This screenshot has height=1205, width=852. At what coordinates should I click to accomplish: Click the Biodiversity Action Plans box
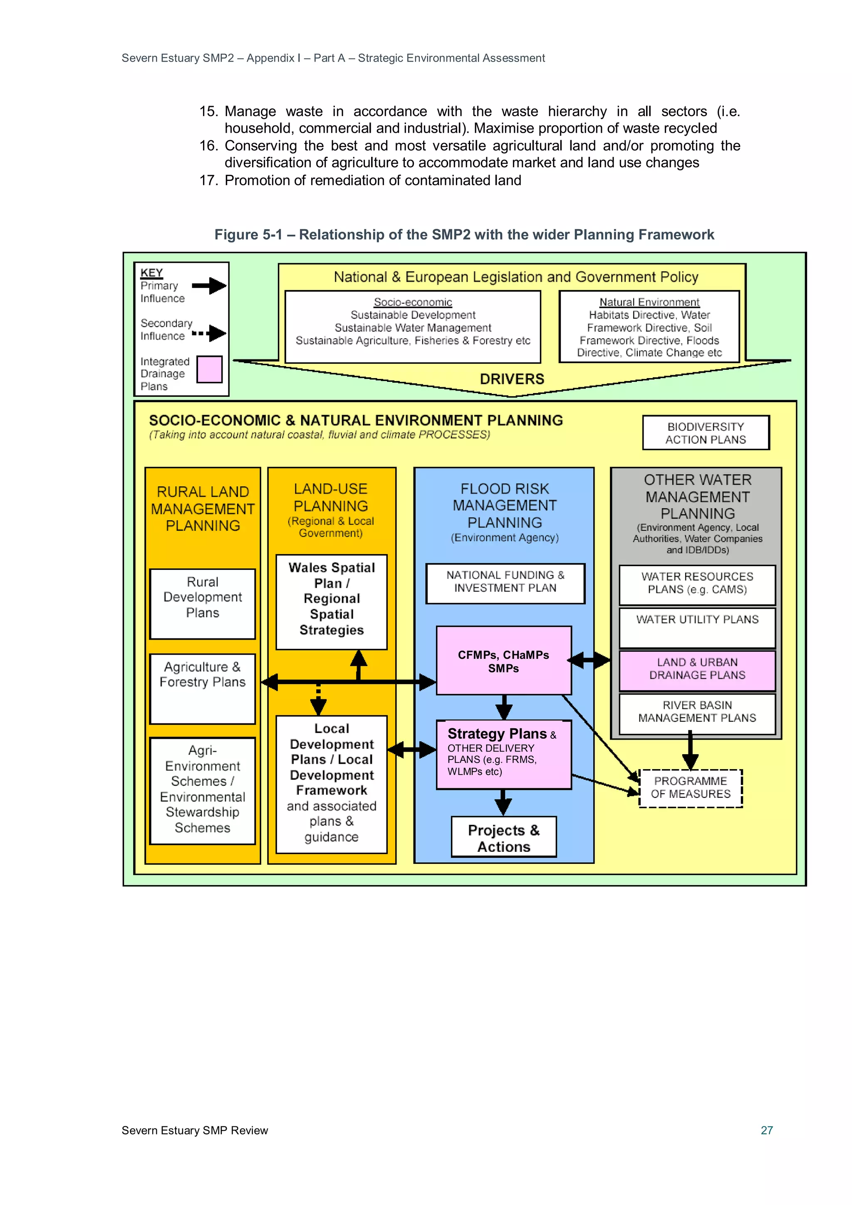[x=706, y=433]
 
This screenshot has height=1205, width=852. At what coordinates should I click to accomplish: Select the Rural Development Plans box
[x=203, y=604]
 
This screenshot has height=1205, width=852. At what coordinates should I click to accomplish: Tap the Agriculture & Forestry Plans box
[x=203, y=688]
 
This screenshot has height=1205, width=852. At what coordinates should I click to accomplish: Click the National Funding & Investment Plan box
[x=505, y=583]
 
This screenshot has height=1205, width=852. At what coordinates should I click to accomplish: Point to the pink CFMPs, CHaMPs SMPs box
[x=503, y=661]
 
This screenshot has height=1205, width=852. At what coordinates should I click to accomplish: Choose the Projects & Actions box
[x=503, y=838]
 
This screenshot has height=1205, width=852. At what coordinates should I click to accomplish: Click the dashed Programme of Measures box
[x=690, y=788]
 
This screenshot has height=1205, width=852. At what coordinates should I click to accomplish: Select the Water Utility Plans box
[x=697, y=627]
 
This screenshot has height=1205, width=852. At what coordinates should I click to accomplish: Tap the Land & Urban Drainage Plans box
[x=697, y=670]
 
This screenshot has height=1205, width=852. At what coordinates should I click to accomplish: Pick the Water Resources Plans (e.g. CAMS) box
[x=697, y=584]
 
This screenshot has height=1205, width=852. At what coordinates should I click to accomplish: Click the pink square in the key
[x=209, y=369]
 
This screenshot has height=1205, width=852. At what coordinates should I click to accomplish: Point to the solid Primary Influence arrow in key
[x=209, y=286]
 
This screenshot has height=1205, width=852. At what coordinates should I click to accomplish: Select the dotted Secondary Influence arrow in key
[x=209, y=333]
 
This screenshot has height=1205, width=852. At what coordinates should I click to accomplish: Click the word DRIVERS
[x=512, y=379]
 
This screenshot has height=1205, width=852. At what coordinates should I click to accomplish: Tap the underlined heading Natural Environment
[x=649, y=302]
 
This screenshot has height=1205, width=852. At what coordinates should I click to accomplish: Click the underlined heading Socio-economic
[x=413, y=302]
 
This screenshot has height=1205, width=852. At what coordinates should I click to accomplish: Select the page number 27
[x=766, y=1130]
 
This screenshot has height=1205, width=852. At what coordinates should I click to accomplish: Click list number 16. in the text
[x=208, y=146]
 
